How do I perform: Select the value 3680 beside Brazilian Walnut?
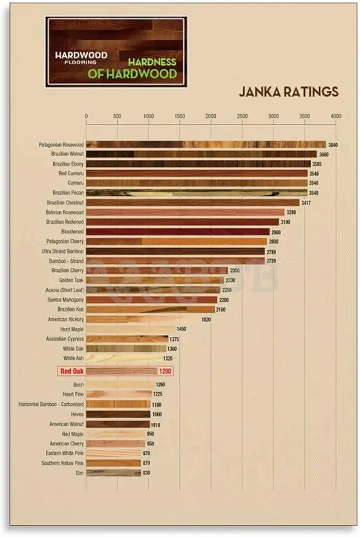point(324,154)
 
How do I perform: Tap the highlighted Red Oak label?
point(72,371)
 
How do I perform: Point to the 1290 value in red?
point(165,371)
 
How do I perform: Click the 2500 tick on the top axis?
point(242,116)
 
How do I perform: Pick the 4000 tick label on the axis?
point(335,116)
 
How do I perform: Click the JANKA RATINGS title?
point(288,92)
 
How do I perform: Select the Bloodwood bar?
point(178,232)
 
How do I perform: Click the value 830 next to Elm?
point(146,473)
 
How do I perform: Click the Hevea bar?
point(118,414)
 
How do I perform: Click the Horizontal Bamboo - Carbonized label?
point(51,404)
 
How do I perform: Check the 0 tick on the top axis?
point(86,116)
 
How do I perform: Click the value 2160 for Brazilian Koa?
point(224,309)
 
